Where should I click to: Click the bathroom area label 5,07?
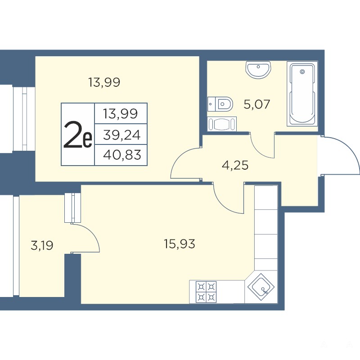(x=256, y=104)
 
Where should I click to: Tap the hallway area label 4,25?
(x=235, y=165)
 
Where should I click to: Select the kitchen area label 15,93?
(x=179, y=243)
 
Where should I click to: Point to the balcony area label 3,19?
(x=42, y=245)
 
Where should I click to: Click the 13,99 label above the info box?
(x=104, y=82)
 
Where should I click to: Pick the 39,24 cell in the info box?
(x=121, y=135)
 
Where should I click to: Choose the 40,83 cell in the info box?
(x=122, y=155)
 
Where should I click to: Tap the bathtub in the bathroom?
(x=302, y=94)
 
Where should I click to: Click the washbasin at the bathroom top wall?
(x=258, y=70)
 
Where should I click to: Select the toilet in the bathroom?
(x=220, y=104)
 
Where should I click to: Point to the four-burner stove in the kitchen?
(x=206, y=292)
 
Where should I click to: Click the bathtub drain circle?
(x=302, y=72)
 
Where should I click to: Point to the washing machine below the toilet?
(x=222, y=124)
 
